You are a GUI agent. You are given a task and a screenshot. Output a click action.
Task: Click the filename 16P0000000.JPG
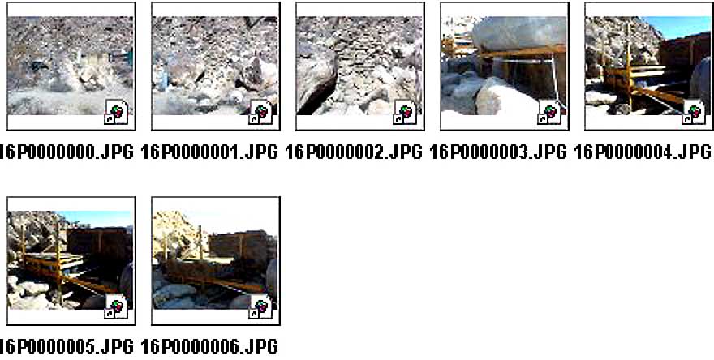pos(67,152)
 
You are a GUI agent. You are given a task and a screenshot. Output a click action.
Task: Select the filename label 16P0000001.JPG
pos(209,152)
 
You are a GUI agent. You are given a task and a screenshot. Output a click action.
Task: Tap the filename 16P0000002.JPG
pos(354,152)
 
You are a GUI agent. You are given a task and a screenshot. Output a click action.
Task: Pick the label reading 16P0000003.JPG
pos(497,152)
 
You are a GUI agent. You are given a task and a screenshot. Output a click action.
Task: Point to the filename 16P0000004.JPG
pos(642,152)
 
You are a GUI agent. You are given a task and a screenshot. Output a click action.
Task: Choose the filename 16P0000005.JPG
pos(67,347)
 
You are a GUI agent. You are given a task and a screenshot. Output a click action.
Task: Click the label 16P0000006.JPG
pos(209,347)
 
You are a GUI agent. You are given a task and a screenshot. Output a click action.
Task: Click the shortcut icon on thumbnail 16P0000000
pos(117,113)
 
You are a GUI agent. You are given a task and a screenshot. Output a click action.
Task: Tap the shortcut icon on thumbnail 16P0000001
pos(261,113)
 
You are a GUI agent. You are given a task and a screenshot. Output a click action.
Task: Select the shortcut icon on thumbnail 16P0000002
pos(405,113)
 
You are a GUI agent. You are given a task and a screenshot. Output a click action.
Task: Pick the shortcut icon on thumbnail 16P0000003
pos(549,113)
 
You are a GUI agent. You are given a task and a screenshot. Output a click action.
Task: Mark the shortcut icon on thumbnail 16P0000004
pos(694,113)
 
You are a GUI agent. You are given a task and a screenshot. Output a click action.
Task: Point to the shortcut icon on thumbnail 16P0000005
pos(117,307)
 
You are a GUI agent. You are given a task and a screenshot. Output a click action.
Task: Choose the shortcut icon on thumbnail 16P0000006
pos(261,307)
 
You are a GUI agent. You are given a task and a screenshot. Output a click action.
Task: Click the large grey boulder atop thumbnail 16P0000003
pos(519,32)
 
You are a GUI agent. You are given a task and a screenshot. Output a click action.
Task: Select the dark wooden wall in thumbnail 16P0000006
pos(237,246)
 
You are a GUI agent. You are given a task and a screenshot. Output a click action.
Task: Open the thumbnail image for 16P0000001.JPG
pos(215,66)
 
